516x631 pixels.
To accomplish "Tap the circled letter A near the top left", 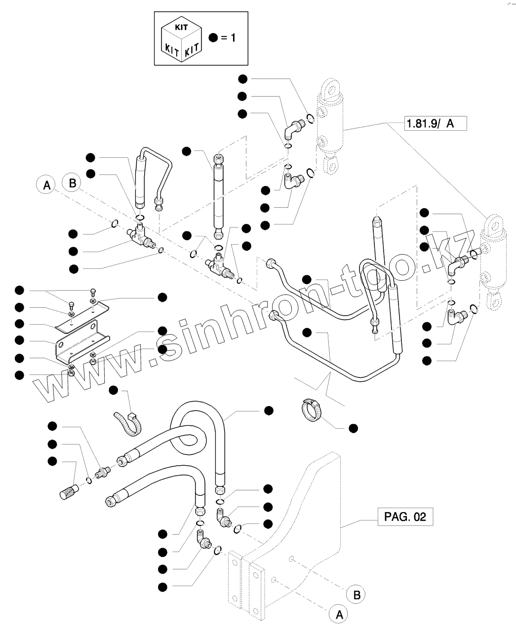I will click(46, 186).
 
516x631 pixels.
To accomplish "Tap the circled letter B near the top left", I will click(72, 184).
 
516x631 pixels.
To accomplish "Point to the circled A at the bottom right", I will click(339, 614).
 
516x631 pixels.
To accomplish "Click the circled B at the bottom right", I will click(356, 594).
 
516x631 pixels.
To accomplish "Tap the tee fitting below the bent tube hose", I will click(141, 234).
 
